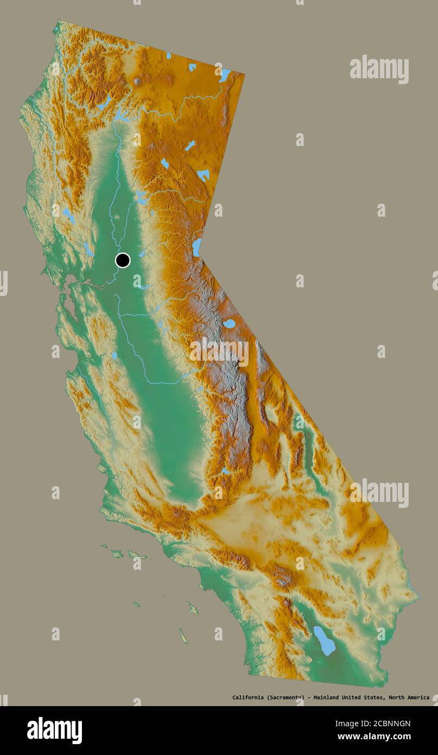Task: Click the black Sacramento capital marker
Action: (123, 260)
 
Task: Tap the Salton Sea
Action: (324, 641)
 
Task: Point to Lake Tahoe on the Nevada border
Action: (196, 247)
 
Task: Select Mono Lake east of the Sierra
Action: (230, 324)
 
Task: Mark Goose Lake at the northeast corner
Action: (224, 75)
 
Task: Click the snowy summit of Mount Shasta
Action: (137, 81)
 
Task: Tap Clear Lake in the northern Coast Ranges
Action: (68, 216)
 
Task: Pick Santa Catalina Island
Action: (192, 608)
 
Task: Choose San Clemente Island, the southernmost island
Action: (184, 636)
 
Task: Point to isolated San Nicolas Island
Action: (137, 604)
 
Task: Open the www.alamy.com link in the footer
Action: (374, 737)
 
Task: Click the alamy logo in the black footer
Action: (54, 730)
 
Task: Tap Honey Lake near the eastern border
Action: (203, 175)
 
